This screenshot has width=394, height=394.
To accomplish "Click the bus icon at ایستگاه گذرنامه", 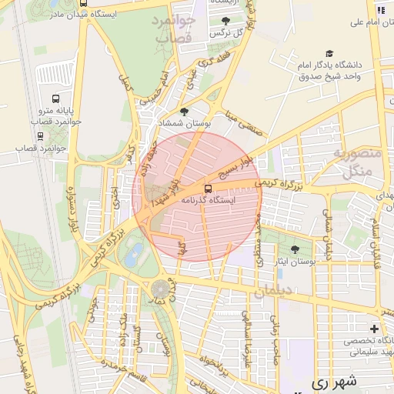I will point(208,188).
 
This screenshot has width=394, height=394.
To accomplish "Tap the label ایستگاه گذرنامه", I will point(209,200).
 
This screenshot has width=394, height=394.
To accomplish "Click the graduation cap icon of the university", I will point(329,54).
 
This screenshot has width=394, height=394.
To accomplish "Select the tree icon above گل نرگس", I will point(225,22).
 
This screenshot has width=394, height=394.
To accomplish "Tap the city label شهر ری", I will point(337,381).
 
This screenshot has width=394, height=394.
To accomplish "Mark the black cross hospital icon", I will point(374,329).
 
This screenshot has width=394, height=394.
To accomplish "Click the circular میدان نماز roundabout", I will point(160,289).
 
